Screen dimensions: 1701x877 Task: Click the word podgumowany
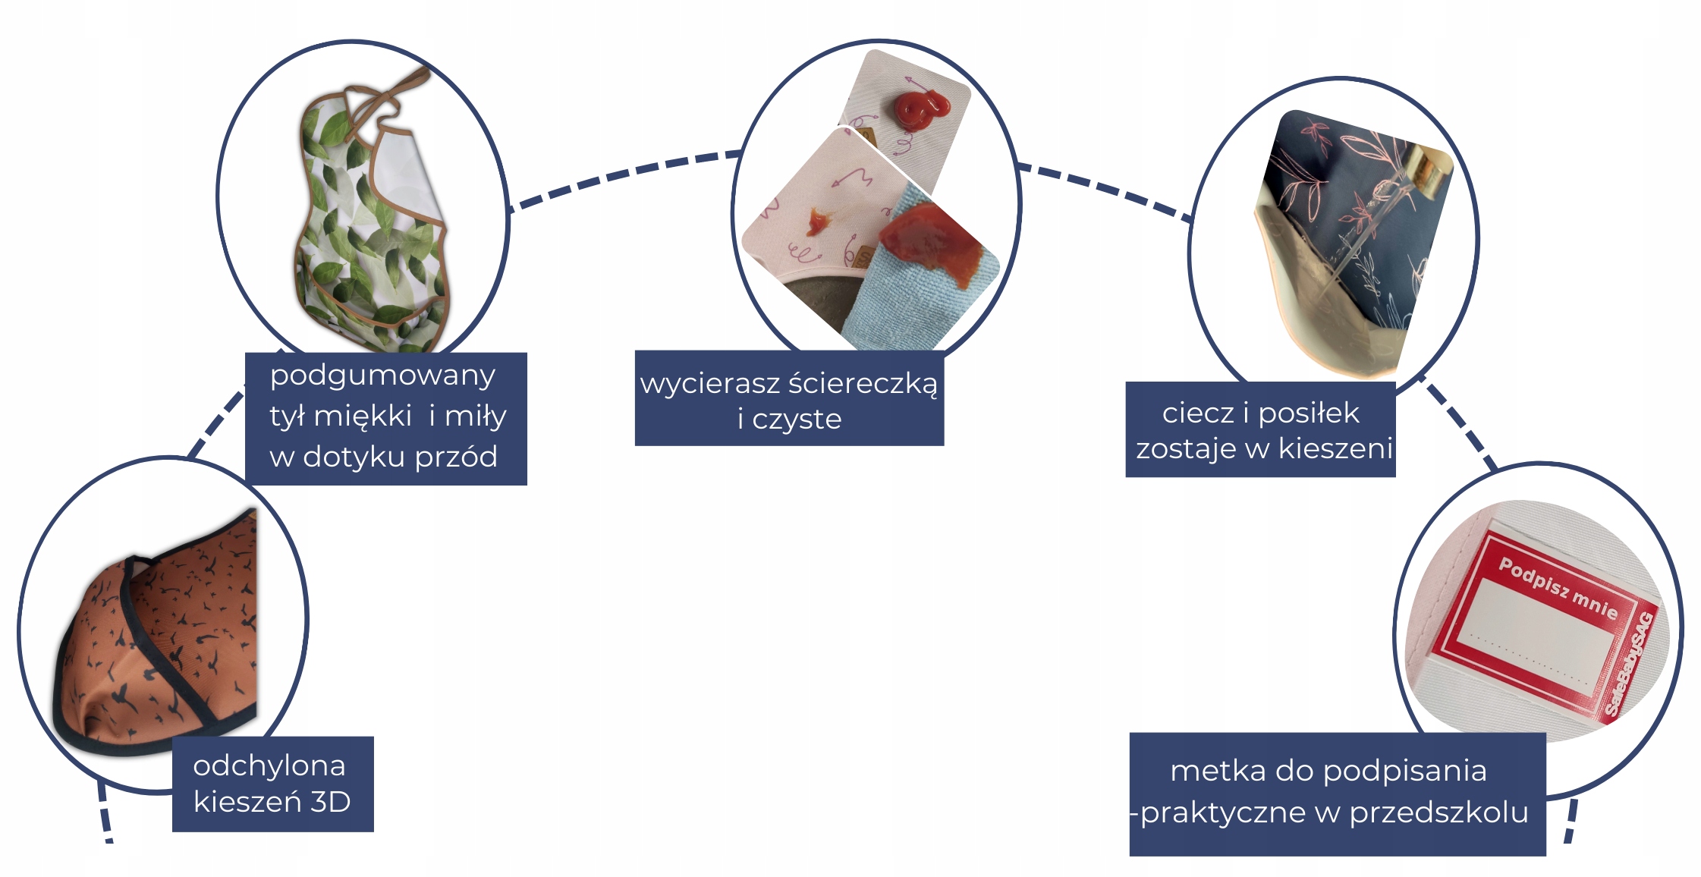pos(382,376)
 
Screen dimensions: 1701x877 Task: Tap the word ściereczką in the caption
pos(863,384)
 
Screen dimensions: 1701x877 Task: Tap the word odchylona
pos(269,766)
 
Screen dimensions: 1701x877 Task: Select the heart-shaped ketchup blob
pos(919,109)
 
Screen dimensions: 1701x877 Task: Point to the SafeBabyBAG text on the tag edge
pos(1632,664)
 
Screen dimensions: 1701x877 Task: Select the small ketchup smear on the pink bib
pos(817,222)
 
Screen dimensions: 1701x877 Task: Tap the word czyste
pos(797,420)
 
